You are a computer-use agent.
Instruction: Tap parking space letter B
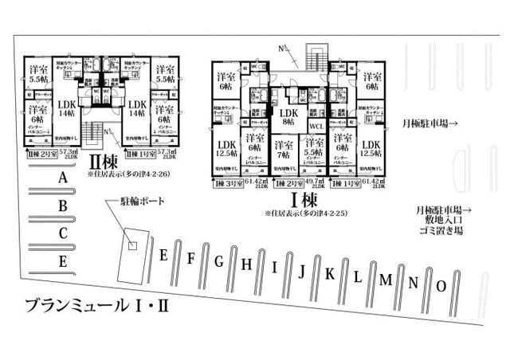pos(62,206)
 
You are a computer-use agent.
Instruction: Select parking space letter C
pos(62,233)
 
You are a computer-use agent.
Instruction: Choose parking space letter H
pos(247,264)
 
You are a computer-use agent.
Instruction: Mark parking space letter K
pos(330,274)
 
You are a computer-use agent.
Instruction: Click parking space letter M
pos(386,280)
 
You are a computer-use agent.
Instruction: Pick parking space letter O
pos(441,285)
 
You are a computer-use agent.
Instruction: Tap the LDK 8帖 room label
pos(288,118)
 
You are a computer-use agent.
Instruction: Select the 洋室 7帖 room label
pos(283,149)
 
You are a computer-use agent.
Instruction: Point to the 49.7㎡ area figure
pos(315,181)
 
